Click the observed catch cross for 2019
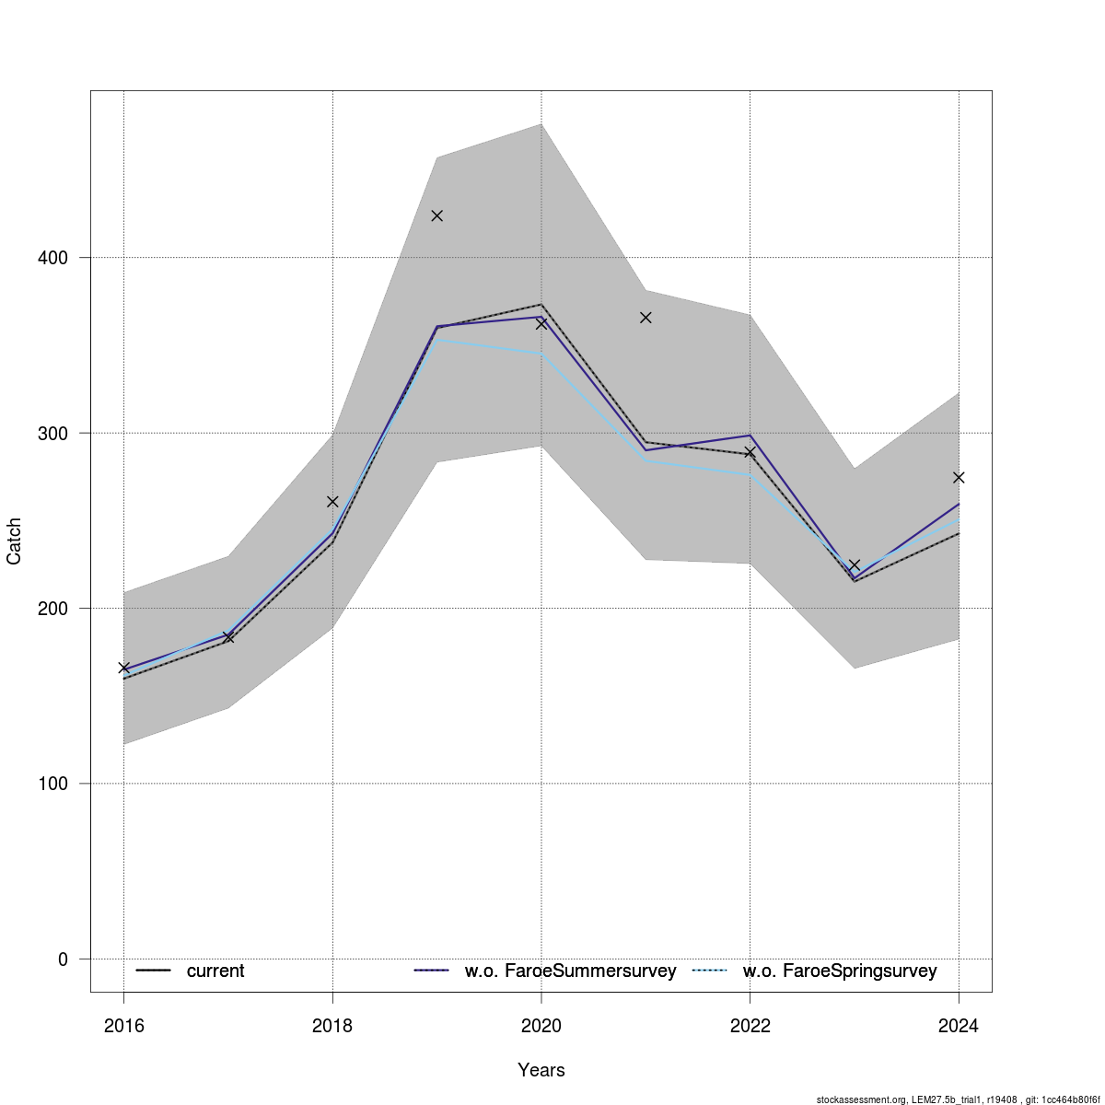coord(437,215)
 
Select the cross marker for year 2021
coord(646,318)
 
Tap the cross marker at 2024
coord(959,477)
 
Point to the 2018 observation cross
coord(332,502)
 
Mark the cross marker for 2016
coord(124,668)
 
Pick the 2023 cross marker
coord(854,564)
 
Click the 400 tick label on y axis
coord(55,258)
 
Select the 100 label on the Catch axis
coord(55,784)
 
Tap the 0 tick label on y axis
coord(63,960)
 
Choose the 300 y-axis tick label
coord(55,433)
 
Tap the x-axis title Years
coord(541,1070)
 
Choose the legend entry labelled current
coord(215,971)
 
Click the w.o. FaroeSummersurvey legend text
coord(570,971)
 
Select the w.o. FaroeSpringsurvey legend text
coord(840,971)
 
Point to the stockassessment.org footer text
coord(958,1099)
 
